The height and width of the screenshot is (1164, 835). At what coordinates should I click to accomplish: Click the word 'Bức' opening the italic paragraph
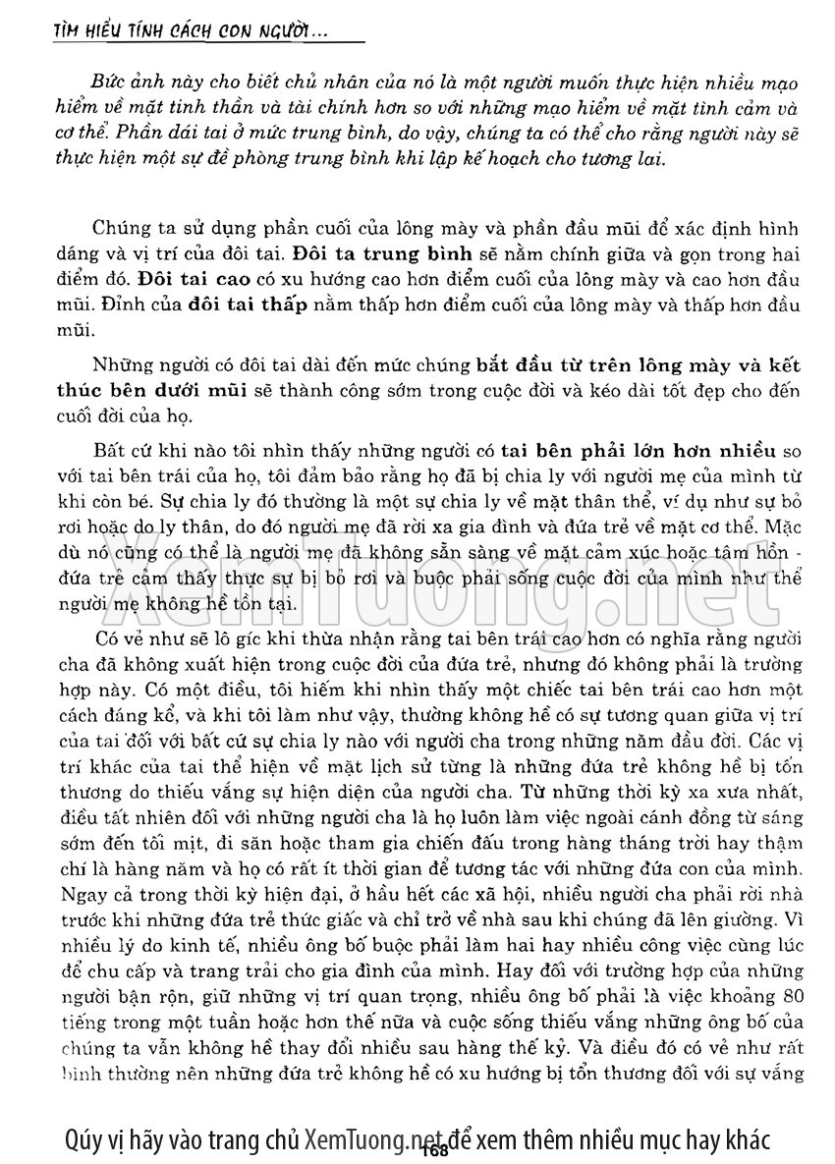105,83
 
